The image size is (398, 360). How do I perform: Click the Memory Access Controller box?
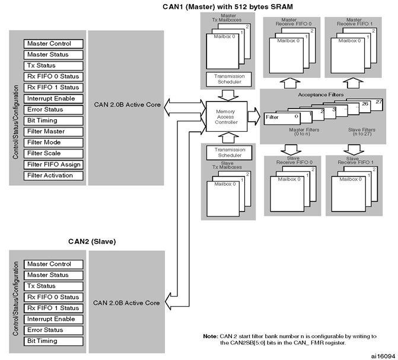pos(227,116)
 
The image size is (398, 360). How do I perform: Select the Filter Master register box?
pos(53,132)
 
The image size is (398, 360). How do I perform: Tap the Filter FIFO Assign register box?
pos(53,164)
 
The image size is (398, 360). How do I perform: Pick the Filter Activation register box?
pos(53,176)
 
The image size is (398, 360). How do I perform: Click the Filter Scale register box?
pos(53,154)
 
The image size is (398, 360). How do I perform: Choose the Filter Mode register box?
pos(53,142)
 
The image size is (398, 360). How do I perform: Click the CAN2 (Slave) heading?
pos(92,241)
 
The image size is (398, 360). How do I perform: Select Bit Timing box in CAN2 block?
pos(53,341)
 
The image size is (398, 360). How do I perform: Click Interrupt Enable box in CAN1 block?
pos(53,98)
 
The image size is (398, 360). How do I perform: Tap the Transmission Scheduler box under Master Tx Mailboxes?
pos(229,79)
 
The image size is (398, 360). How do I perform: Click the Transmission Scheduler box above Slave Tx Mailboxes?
pos(230,152)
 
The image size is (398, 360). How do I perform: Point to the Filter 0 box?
pos(282,119)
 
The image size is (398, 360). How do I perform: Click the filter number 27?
pos(378,102)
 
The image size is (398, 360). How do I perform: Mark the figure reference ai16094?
pos(383,356)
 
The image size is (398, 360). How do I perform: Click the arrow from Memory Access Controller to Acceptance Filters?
pos(254,116)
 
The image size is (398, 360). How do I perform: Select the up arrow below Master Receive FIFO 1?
pos(353,83)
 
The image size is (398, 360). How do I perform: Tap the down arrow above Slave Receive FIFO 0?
pos(291,149)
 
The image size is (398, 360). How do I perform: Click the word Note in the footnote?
pos(211,336)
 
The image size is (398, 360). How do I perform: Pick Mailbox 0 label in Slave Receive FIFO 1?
pos(351,179)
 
